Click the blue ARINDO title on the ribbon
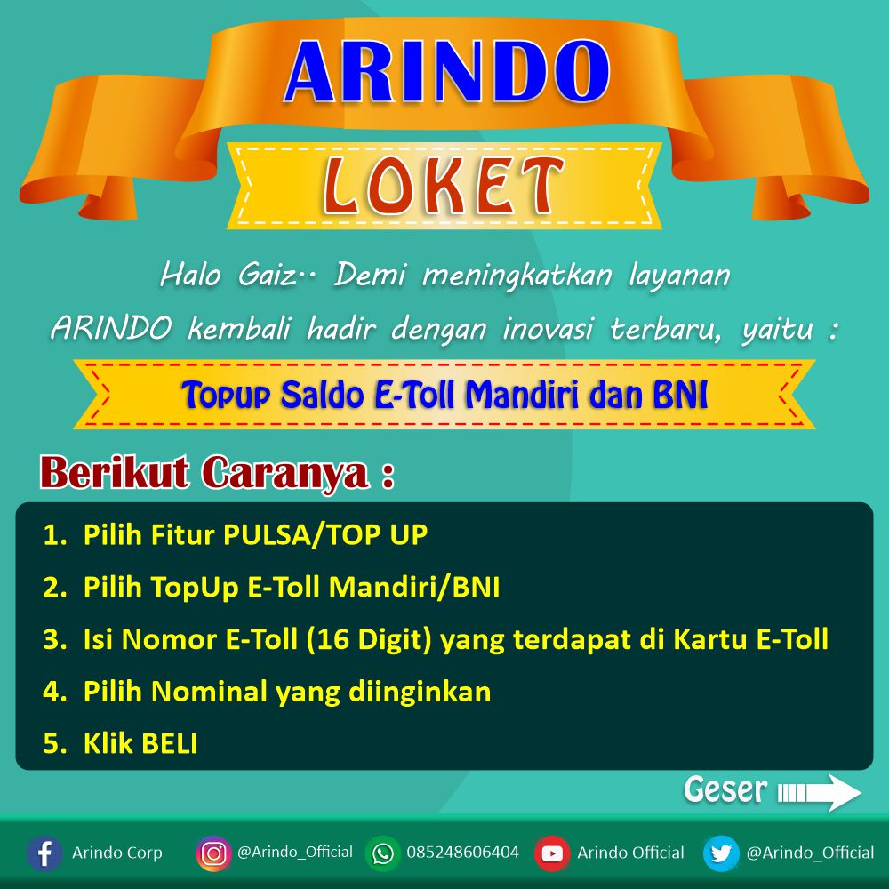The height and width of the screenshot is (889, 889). [x=447, y=72]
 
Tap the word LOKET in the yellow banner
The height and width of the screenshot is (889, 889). [x=444, y=186]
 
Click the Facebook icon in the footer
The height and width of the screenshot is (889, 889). [x=44, y=853]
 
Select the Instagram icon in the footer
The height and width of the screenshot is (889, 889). [x=213, y=853]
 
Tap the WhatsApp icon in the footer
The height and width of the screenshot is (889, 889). [x=382, y=853]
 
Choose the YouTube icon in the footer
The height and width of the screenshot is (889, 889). [x=552, y=853]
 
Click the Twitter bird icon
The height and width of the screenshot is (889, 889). [x=721, y=853]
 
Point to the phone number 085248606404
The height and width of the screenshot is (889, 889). [x=462, y=853]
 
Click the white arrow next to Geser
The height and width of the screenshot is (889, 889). [x=820, y=792]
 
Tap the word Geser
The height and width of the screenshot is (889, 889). [x=725, y=789]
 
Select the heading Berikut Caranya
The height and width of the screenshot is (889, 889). [x=216, y=472]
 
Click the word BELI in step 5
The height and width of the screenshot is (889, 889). [x=169, y=744]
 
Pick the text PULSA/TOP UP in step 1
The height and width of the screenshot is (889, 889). [x=325, y=534]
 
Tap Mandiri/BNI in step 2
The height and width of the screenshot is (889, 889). [x=414, y=588]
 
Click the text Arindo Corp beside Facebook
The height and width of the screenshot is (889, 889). [x=117, y=853]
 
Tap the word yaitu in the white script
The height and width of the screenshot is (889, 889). [x=778, y=330]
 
